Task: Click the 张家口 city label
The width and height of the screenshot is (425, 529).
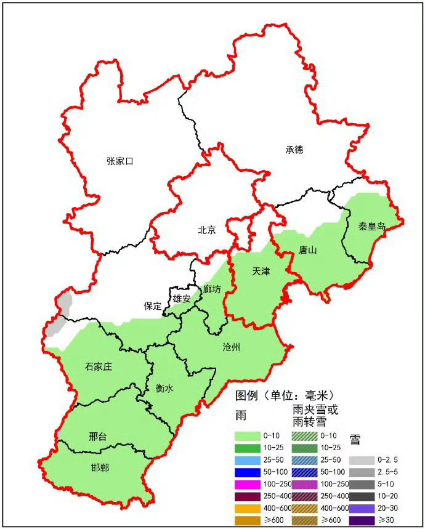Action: (x=119, y=161)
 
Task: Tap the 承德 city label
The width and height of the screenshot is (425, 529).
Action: (x=294, y=150)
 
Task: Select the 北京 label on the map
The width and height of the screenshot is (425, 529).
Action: (x=206, y=230)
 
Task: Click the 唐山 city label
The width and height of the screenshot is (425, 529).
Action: (x=307, y=250)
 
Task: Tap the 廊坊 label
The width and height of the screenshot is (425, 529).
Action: (x=212, y=289)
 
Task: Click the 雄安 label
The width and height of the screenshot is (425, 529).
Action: (x=182, y=299)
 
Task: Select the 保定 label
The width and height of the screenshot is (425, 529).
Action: (x=153, y=305)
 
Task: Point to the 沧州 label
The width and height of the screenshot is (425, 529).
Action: (x=232, y=347)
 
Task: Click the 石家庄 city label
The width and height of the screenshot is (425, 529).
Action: (x=99, y=367)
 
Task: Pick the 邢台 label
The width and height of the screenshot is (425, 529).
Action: (x=97, y=437)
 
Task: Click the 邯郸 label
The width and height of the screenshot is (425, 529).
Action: (x=99, y=468)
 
